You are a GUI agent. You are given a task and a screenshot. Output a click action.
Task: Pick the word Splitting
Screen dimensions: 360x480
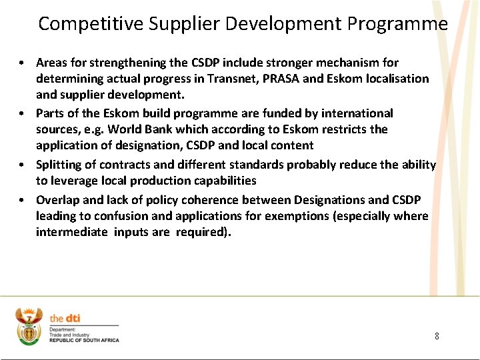coord(60,165)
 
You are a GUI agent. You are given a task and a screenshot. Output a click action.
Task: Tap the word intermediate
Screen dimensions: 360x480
coord(72,232)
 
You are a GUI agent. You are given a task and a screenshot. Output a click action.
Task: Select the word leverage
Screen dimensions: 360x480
coord(75,181)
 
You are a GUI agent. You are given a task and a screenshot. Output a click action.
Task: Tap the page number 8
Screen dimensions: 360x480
coord(437,336)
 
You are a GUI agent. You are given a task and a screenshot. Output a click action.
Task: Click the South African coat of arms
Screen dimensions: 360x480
coord(29,326)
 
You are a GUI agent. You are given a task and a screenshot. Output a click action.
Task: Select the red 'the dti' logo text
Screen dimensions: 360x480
coord(65,319)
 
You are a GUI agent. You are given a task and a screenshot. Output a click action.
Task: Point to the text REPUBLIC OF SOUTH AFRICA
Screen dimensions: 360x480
coord(84,341)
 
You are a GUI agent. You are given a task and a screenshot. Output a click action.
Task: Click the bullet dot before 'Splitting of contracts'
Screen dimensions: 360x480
coord(22,165)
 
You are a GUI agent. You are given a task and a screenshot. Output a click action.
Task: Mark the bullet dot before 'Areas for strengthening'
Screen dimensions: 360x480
coord(22,63)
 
